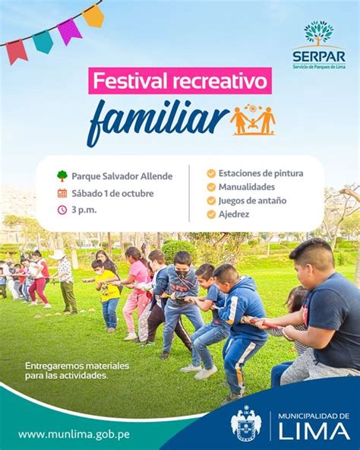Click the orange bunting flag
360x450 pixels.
point(93,16)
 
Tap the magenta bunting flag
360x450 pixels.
point(70,31)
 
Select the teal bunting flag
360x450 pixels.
point(43,42)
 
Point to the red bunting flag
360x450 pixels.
point(17,52)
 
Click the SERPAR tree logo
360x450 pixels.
point(319,33)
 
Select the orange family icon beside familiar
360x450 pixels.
point(253,121)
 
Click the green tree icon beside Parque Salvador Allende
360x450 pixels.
point(62,176)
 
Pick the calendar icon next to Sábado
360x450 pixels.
point(62,193)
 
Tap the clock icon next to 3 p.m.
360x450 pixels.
point(62,210)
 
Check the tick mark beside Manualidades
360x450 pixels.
point(211,187)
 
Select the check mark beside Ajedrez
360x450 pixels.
point(211,214)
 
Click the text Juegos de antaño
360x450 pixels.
point(252,201)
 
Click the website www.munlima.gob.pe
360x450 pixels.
point(74,434)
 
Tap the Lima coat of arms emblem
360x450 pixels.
point(246,423)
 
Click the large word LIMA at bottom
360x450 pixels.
point(314,431)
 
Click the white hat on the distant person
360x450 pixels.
point(58,255)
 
